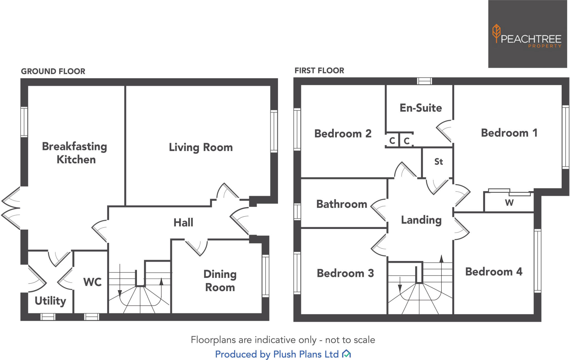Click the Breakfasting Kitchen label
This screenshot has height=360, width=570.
75,153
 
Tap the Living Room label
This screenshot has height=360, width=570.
201,147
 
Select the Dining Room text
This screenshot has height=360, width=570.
220,280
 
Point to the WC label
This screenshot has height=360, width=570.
92,282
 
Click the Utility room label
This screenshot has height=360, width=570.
50,301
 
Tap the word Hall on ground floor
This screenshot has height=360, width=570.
183,223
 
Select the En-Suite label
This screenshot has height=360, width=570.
421,108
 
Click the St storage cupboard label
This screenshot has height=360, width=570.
438,162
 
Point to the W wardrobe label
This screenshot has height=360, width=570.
509,203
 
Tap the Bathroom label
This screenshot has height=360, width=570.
341,204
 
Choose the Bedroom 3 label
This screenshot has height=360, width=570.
345,273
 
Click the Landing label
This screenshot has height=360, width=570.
421,220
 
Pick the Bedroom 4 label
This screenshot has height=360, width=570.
494,272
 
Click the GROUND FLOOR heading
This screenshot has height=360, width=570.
53,71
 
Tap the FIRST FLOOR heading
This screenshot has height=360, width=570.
319,71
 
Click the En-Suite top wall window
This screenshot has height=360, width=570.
424,81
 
